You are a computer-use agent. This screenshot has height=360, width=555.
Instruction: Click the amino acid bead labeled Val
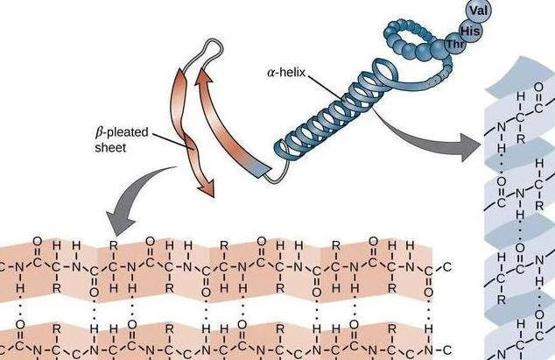479,11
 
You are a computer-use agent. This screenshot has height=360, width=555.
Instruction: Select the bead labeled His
470,31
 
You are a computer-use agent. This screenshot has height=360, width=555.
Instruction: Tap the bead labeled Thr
455,44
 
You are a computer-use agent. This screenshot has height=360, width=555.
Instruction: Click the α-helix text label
286,73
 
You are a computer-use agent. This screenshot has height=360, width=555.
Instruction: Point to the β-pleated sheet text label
122,139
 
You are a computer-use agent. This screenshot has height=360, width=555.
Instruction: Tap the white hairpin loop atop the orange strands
207,53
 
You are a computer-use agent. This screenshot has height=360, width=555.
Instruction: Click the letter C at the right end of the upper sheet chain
447,267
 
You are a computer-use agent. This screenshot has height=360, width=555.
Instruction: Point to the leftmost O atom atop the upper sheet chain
37,242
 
